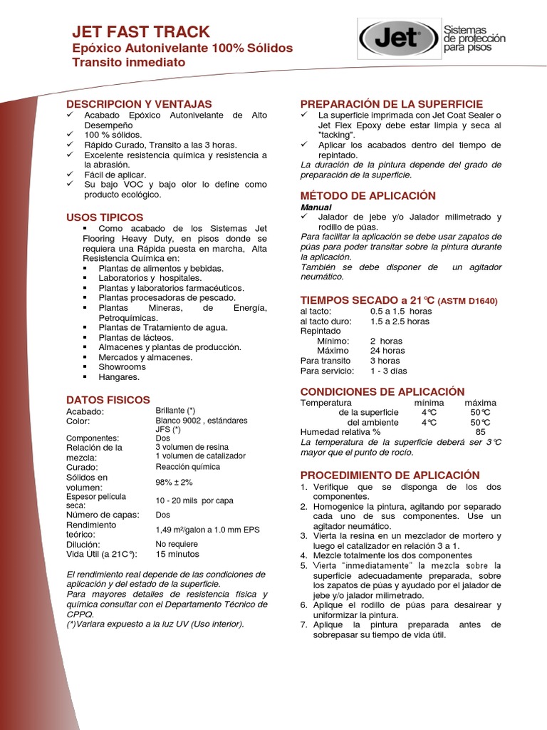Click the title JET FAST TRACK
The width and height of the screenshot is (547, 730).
[141, 32]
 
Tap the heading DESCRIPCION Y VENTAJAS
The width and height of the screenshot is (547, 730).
[139, 103]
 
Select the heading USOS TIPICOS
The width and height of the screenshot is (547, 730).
[105, 217]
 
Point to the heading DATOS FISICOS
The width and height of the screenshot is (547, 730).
[108, 400]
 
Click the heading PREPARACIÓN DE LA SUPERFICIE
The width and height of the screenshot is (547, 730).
[392, 103]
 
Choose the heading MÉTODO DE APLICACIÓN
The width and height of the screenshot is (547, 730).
[368, 195]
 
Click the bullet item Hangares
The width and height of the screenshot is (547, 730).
[119, 376]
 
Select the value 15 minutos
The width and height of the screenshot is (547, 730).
[177, 554]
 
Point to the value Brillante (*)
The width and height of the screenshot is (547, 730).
[175, 411]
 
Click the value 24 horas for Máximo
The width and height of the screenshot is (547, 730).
[387, 351]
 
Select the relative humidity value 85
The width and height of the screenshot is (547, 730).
[480, 432]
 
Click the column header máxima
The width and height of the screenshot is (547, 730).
[480, 403]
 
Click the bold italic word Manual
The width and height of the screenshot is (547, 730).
[316, 207]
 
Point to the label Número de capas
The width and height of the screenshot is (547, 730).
[103, 514]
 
